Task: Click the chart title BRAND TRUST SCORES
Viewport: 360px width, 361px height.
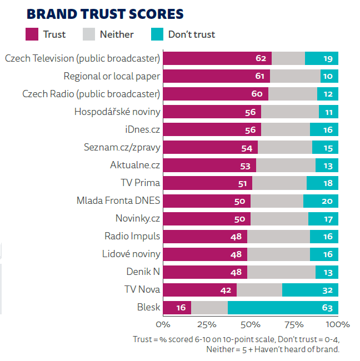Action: click(105, 14)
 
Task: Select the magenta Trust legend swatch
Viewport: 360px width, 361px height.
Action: click(33, 34)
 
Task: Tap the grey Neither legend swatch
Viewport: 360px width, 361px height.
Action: click(89, 34)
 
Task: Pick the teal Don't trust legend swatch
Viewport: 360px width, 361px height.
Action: click(157, 34)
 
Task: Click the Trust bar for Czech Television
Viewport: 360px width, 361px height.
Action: click(217, 58)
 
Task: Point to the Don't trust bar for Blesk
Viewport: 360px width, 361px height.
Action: click(283, 307)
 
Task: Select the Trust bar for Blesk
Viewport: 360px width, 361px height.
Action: click(177, 307)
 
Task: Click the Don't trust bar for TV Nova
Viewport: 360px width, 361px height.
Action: click(310, 289)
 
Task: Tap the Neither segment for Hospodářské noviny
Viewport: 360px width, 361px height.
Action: click(289, 112)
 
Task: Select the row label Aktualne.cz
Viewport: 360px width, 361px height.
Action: click(135, 165)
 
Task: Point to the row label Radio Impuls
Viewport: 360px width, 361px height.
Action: click(132, 236)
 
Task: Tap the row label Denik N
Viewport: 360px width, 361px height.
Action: click(143, 272)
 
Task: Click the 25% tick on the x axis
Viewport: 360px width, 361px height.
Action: click(206, 324)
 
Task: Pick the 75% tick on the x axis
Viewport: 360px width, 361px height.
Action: click(294, 324)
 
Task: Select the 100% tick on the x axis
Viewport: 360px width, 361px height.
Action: click(337, 324)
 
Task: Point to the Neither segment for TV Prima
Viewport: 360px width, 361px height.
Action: click(279, 183)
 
